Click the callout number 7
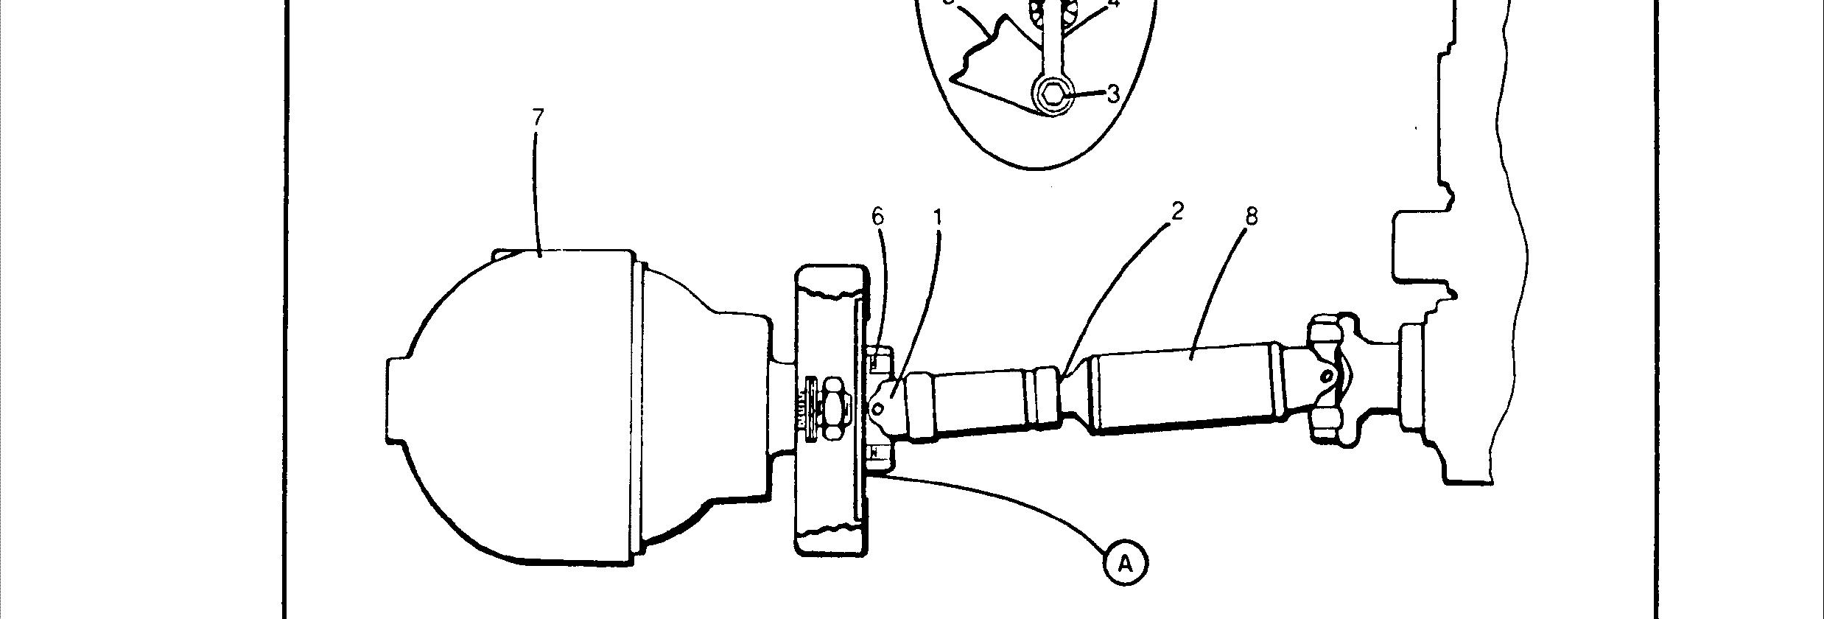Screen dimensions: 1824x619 click(538, 118)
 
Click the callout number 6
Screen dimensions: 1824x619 click(877, 217)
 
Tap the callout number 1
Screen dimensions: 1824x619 click(938, 217)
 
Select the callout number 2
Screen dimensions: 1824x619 click(1176, 211)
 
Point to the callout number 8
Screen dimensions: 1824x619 click(1250, 216)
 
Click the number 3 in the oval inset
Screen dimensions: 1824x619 click(1113, 94)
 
